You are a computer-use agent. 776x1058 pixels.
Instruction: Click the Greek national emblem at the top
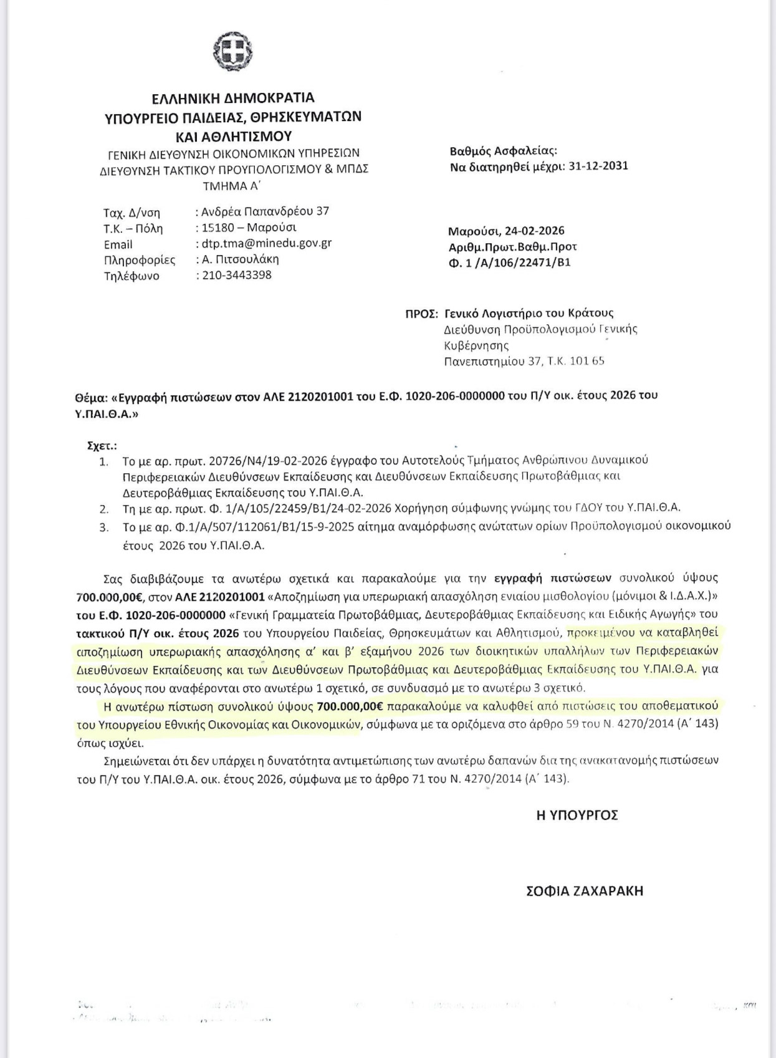click(x=234, y=49)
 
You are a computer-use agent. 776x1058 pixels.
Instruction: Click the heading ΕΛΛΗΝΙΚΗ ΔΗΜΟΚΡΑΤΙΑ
click(x=234, y=99)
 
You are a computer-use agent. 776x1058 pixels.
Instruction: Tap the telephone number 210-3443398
click(x=237, y=275)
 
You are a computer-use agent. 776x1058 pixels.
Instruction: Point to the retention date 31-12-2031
click(x=598, y=166)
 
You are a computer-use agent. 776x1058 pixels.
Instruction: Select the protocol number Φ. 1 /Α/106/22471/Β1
click(x=509, y=262)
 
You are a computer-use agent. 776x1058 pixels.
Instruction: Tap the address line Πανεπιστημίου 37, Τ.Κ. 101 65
click(x=524, y=360)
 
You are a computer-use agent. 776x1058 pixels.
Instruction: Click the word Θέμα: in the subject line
click(x=90, y=396)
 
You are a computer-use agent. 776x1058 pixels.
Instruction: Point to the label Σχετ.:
click(x=102, y=446)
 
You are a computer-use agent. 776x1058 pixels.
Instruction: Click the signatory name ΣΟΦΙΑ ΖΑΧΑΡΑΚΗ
click(x=585, y=891)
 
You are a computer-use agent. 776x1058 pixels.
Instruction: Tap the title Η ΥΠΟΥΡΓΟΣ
click(x=577, y=815)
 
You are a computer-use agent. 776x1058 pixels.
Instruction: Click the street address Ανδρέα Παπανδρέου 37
click(x=265, y=211)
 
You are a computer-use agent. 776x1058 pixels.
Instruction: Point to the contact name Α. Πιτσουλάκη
click(x=240, y=259)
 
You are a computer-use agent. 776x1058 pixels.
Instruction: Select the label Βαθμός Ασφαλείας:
click(x=503, y=151)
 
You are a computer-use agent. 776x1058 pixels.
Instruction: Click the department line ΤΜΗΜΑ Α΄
click(x=233, y=185)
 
